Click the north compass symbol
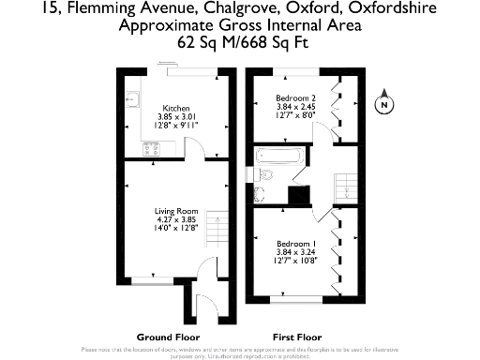point(382,105)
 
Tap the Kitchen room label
point(176,107)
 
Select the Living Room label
point(172,211)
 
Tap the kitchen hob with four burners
point(150,149)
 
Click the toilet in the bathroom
point(264,173)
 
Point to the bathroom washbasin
point(262,195)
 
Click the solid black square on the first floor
point(299,195)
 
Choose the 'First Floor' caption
point(297,336)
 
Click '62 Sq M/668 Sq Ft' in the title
point(239,42)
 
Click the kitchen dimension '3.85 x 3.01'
point(176,115)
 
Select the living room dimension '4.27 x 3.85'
point(172,219)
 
